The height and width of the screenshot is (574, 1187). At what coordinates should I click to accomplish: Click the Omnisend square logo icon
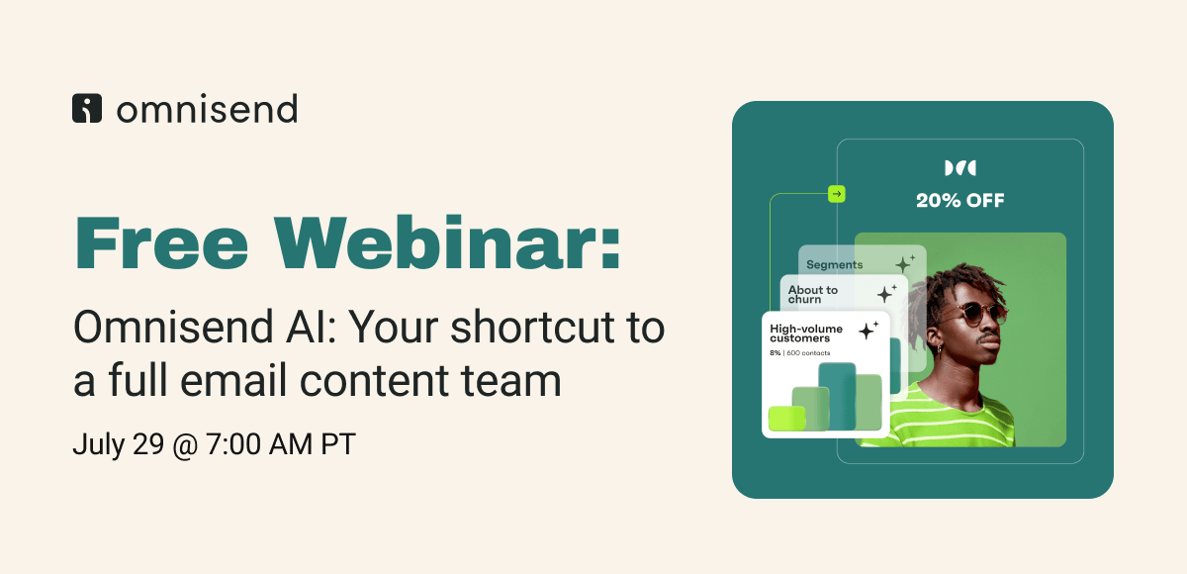click(87, 108)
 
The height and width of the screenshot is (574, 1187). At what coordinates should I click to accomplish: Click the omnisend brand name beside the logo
click(207, 109)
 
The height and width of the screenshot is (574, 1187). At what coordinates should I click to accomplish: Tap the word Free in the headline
click(161, 243)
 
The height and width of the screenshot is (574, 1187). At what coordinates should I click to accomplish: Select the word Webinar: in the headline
click(447, 243)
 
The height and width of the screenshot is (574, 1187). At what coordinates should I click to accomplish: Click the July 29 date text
click(118, 444)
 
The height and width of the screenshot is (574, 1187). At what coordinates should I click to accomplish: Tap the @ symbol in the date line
click(185, 444)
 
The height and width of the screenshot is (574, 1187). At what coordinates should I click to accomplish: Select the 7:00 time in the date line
click(233, 444)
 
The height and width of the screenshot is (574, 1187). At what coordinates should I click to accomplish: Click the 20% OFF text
click(960, 200)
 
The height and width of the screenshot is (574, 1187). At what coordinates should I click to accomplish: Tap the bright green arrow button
click(837, 194)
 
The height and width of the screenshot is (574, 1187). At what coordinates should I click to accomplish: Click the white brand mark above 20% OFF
click(960, 168)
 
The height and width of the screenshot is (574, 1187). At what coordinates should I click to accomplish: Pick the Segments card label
click(834, 264)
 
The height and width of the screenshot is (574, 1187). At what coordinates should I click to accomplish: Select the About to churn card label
click(812, 294)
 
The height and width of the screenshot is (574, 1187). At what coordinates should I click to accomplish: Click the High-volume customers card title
click(806, 334)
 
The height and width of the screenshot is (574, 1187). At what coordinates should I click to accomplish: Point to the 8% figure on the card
click(776, 353)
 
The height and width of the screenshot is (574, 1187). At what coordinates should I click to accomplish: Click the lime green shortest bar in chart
click(787, 419)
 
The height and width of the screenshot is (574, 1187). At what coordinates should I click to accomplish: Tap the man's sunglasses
click(975, 313)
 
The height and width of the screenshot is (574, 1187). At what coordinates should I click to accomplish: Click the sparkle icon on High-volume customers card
click(868, 331)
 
